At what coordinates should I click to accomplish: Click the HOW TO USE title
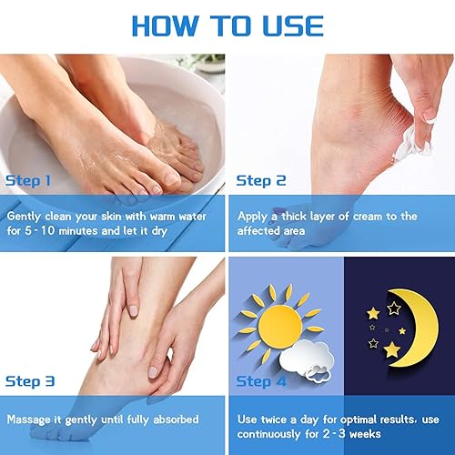(x=227, y=26)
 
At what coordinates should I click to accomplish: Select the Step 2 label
(x=261, y=180)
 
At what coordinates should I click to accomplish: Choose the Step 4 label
(x=261, y=381)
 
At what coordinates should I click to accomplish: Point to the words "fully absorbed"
(x=172, y=420)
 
